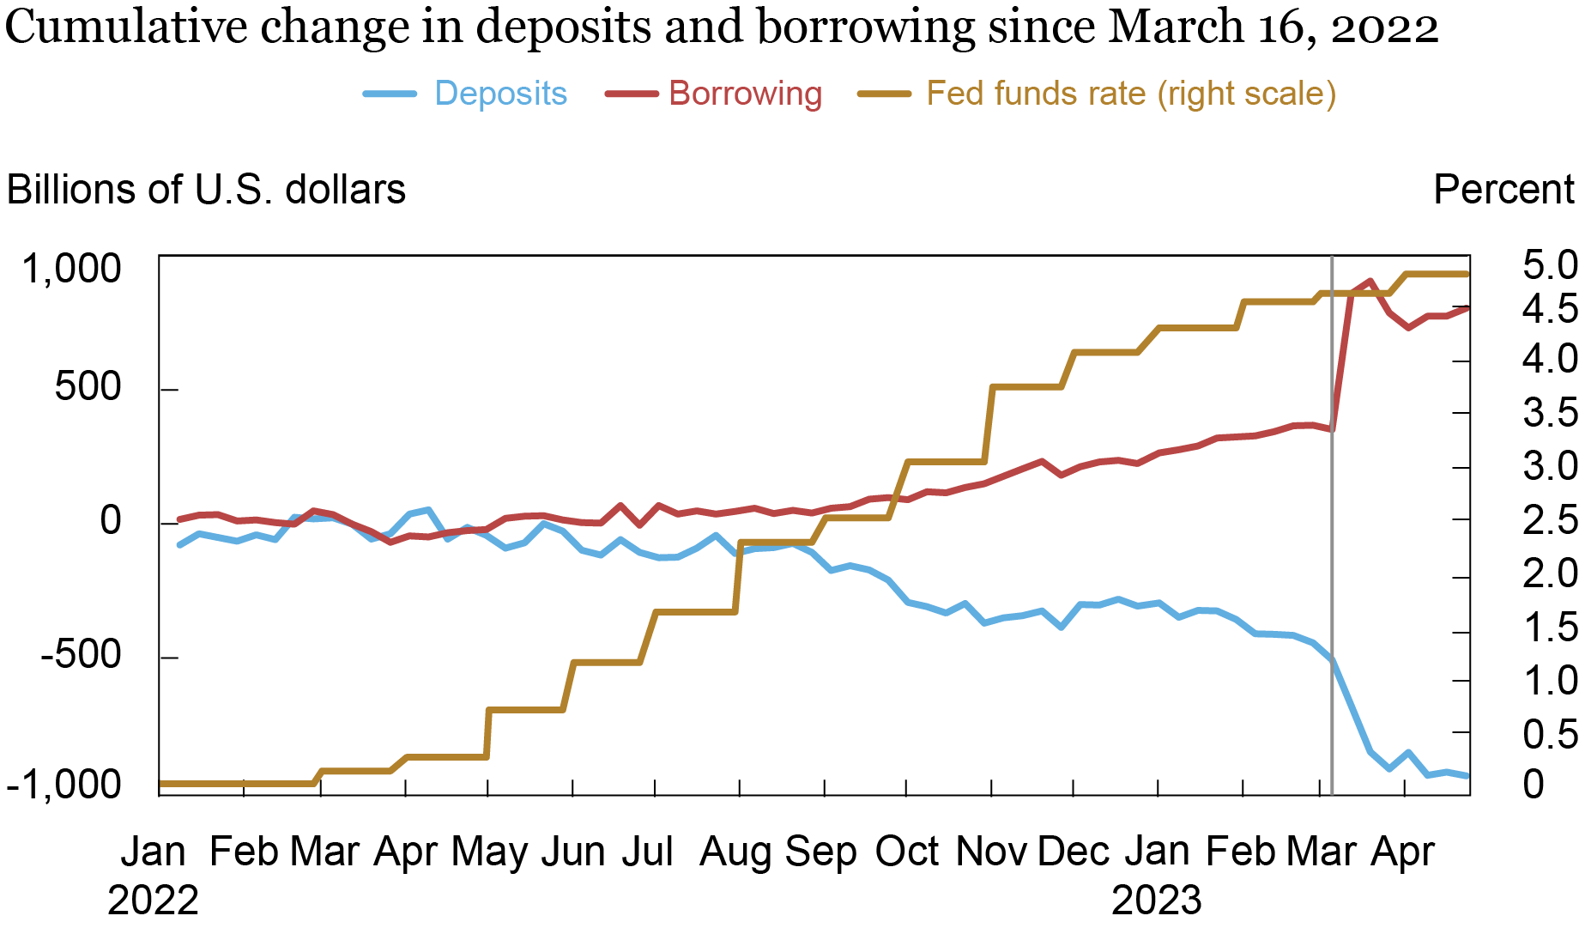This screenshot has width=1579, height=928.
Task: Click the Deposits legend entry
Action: point(500,94)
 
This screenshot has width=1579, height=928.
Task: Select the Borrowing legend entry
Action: point(745,94)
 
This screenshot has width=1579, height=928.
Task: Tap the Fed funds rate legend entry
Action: point(1130,94)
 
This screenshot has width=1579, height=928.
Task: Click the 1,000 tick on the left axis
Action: point(72,269)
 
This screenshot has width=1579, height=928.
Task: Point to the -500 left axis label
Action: point(81,656)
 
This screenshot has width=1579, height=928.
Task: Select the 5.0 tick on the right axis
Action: point(1549,265)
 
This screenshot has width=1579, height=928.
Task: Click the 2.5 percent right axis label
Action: point(1549,520)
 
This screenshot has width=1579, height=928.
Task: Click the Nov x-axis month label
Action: point(991,852)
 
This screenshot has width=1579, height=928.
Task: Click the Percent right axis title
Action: point(1503,190)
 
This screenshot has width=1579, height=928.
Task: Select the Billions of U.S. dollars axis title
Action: point(206,190)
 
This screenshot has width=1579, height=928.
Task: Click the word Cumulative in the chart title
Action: point(127,27)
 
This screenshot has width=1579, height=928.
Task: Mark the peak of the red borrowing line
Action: point(1370,281)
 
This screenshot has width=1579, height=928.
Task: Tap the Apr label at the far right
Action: point(1402,852)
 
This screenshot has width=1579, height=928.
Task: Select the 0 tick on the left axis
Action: point(111,521)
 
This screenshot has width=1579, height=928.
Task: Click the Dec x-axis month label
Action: point(1073,852)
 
